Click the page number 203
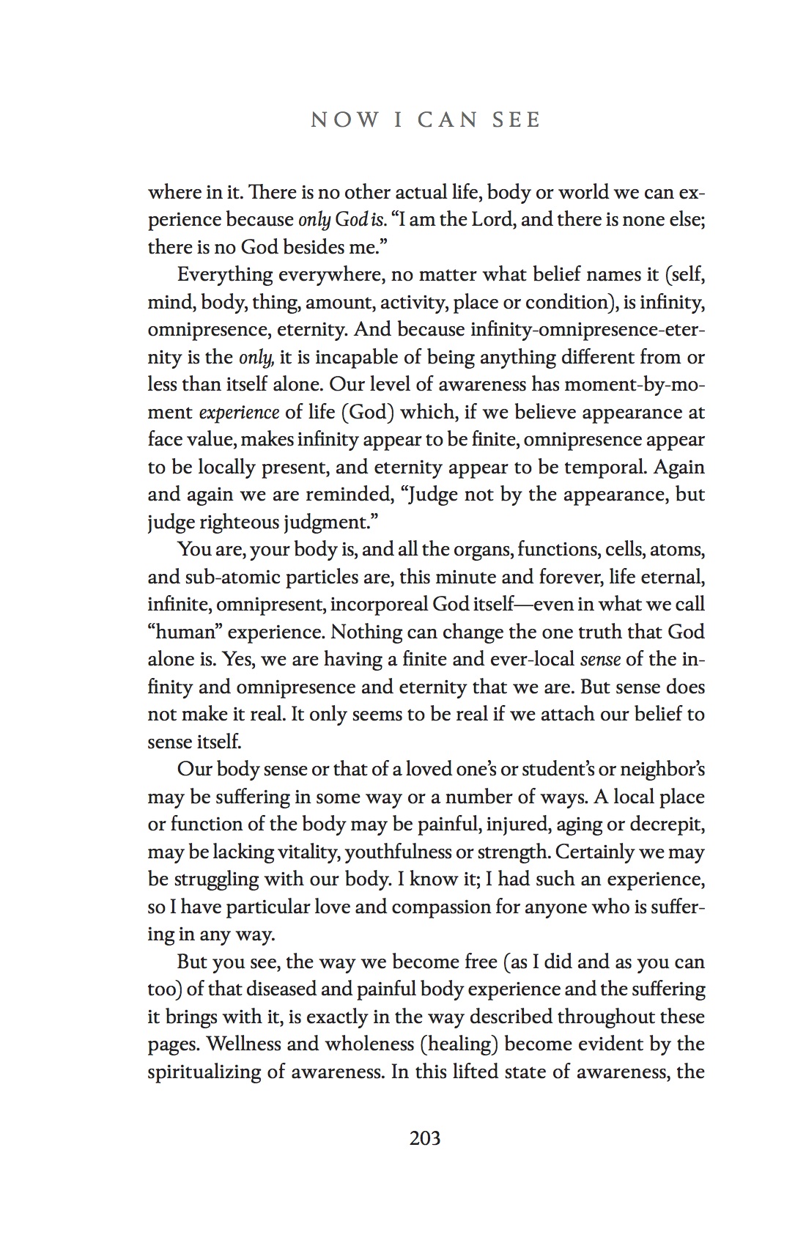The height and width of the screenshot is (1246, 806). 425,1138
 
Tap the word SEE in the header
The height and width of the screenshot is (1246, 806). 517,120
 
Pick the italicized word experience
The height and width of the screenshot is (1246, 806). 239,413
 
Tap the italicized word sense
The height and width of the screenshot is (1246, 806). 600,660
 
